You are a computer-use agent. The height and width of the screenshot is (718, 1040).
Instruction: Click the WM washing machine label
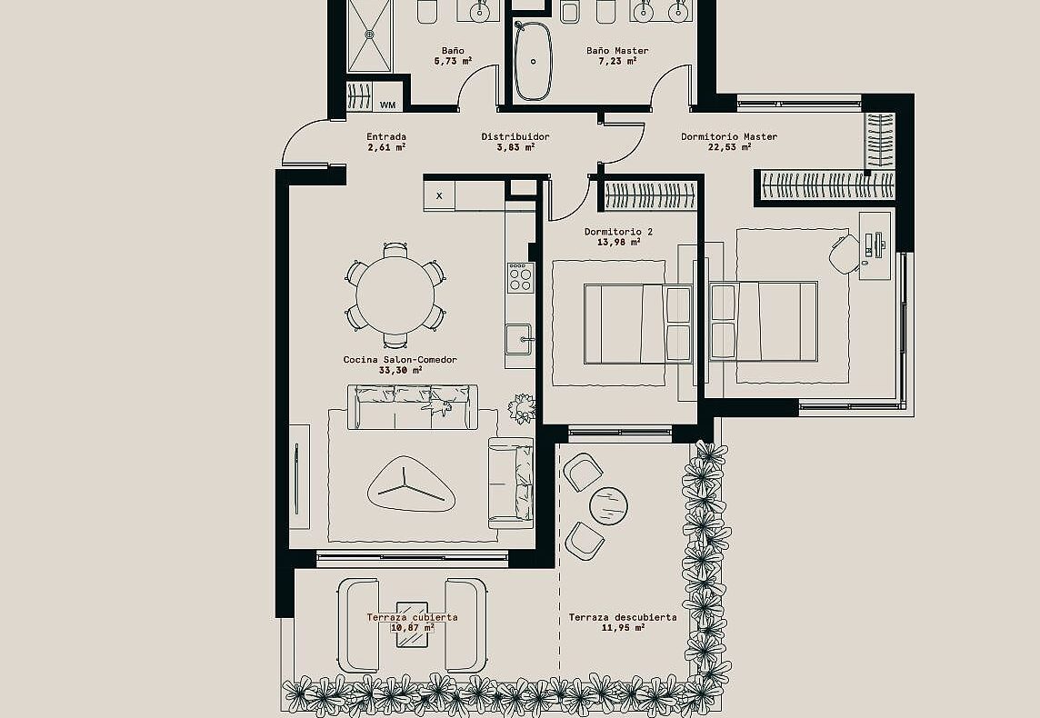coord(388,105)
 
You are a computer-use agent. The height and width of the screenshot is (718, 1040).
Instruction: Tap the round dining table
coord(395,295)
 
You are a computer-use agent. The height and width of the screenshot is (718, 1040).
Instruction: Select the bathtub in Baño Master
coord(534,61)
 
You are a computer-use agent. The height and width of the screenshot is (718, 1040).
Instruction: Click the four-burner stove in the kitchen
coord(521,278)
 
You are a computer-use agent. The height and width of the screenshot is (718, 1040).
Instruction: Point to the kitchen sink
coord(519,340)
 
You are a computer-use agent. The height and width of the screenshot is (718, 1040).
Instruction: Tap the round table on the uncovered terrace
coord(608,506)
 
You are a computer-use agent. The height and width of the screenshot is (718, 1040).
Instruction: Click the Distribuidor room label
coord(515,136)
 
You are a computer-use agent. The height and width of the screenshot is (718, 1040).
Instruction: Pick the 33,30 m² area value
coord(401,370)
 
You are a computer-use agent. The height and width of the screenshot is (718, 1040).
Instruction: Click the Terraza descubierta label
coord(623,617)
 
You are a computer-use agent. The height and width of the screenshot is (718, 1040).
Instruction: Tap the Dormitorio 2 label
coord(618,232)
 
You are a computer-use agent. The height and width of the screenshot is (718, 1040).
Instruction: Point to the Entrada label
coord(386,136)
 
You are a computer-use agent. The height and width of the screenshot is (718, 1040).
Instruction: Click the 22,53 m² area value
coord(730,147)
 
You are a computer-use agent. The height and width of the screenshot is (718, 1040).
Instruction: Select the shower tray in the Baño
coord(369,35)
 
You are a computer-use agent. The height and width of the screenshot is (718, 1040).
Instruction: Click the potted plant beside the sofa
coord(522,408)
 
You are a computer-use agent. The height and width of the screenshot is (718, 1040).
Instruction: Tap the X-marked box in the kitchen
coord(439,195)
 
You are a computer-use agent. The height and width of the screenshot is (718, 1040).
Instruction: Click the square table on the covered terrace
coord(412,623)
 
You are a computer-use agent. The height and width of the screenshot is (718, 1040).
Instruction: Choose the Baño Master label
coord(617,50)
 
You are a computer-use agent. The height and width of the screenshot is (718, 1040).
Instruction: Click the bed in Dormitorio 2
coord(638,324)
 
